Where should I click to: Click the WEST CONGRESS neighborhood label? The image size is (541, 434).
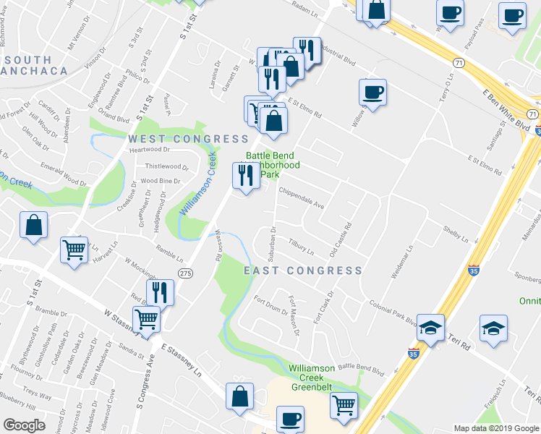pyautogui.click(x=189, y=139)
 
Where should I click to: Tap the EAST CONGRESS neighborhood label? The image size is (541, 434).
pyautogui.click(x=302, y=271)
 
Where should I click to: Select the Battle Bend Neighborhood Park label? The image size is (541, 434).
pyautogui.click(x=273, y=165)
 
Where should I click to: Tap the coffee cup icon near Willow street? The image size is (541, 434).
pyautogui.click(x=372, y=93)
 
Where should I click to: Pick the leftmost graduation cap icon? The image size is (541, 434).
pyautogui.click(x=430, y=328)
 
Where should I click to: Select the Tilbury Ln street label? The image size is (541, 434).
pyautogui.click(x=301, y=247)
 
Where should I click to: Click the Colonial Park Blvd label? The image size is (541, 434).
pyautogui.click(x=391, y=312)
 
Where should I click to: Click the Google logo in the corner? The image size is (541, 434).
pyautogui.click(x=24, y=425)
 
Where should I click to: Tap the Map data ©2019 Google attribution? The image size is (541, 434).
pyautogui.click(x=495, y=428)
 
